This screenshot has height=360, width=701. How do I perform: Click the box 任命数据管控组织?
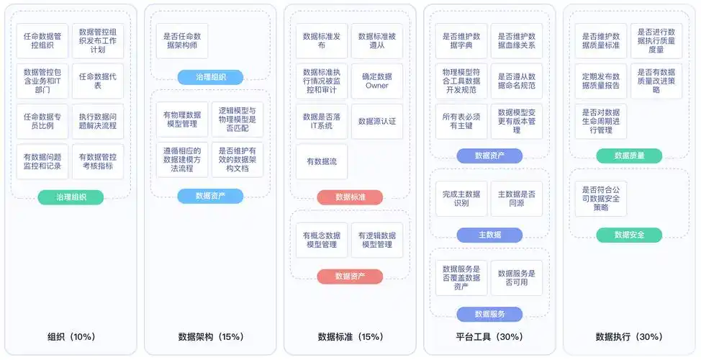point(42,40)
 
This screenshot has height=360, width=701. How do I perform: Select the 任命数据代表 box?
point(98,81)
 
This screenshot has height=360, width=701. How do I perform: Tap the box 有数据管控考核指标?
point(98,161)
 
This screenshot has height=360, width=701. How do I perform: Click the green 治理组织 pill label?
point(71,197)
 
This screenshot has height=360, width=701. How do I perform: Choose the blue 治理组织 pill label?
point(210,77)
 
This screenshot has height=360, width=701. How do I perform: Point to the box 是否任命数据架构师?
point(182,40)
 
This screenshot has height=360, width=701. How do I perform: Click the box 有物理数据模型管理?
point(182,119)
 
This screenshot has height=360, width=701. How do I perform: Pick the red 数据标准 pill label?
point(350,197)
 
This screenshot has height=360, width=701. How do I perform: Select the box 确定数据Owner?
point(376,81)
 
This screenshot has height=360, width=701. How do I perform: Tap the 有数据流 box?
point(322,161)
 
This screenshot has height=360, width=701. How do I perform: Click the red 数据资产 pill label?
point(350,276)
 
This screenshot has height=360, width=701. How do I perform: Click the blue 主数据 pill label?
point(489,235)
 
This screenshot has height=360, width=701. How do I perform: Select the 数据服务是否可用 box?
point(516,278)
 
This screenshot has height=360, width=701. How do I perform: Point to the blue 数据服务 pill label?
point(489,314)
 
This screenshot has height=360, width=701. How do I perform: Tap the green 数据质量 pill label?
point(629,156)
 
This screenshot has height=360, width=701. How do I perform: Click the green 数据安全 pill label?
point(629,235)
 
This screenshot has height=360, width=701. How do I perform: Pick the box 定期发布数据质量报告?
point(601,81)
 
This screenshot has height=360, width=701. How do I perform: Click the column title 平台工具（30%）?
point(489,336)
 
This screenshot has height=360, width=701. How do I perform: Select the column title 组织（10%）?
point(71,336)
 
